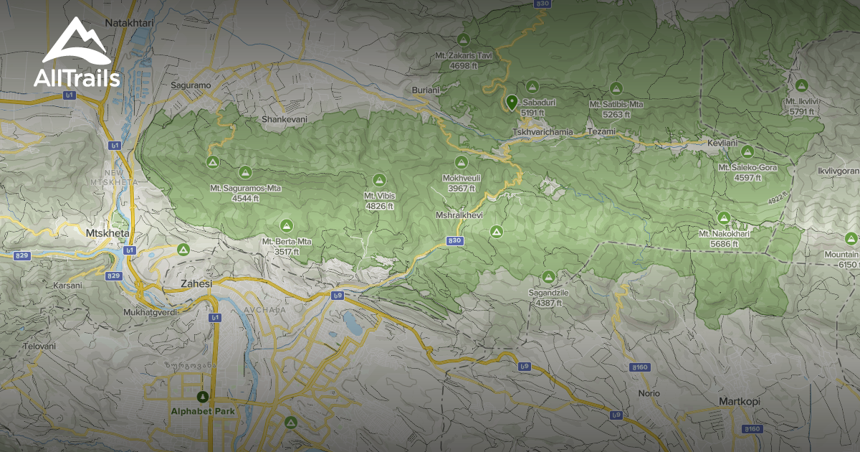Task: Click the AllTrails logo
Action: coord(76,54)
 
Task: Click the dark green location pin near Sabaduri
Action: coord(512,102)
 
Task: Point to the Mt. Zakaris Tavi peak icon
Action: coord(464,39)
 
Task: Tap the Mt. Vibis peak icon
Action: coord(379,179)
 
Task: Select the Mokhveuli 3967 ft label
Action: coord(462,183)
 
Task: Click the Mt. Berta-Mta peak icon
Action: coord(287,225)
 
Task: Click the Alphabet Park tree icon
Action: coord(203,397)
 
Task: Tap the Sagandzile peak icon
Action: coord(549,277)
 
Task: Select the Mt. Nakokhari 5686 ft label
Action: coord(724,238)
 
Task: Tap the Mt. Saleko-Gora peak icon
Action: coord(747,152)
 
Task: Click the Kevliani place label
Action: coord(722,143)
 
